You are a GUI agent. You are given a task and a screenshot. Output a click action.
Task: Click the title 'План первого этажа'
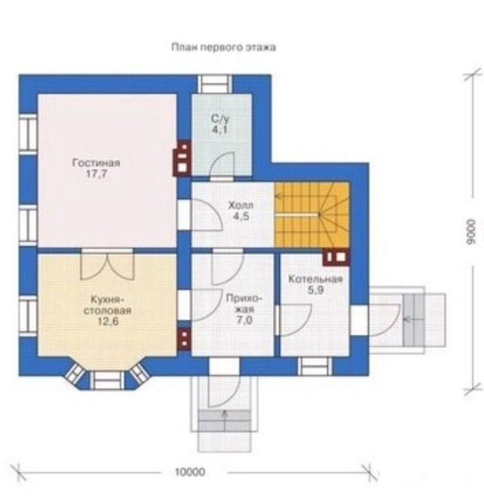tap(223, 48)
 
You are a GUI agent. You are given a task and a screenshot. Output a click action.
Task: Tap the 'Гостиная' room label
tap(96, 163)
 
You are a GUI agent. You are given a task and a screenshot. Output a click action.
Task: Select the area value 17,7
tap(96, 174)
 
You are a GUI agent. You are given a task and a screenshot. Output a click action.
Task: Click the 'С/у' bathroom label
tap(220, 119)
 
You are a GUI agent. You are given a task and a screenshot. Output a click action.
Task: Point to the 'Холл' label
tap(240, 205)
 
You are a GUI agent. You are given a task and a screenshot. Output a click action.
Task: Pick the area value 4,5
tap(240, 216)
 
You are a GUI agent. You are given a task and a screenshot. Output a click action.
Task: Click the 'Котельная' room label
tap(315, 280)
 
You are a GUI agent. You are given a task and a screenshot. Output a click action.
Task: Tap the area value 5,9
tap(315, 290)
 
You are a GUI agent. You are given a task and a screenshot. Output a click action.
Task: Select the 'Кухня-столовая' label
tap(107, 305)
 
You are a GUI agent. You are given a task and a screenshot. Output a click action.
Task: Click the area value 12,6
tap(108, 321)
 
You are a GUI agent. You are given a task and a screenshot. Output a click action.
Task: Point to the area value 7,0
tap(244, 320)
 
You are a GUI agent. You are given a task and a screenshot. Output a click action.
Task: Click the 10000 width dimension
tap(191, 472)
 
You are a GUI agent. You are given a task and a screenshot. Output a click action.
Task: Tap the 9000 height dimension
tap(470, 232)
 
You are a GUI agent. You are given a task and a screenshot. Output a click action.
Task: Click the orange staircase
tap(312, 215)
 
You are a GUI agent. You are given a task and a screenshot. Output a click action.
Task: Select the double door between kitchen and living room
tap(107, 264)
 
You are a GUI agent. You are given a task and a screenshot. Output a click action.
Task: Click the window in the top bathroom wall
tap(215, 85)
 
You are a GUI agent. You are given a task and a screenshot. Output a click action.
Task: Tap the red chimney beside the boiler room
tap(337, 257)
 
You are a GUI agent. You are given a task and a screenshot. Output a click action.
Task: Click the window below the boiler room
tap(315, 366)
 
